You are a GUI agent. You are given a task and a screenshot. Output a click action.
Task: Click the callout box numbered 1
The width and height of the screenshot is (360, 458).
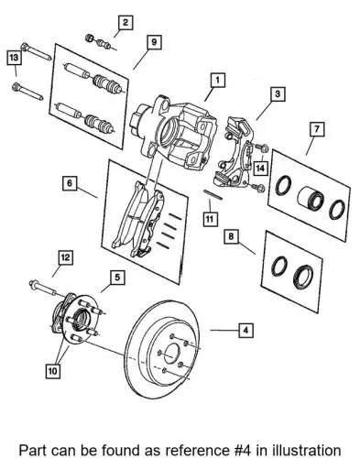pyautogui.click(x=217, y=81)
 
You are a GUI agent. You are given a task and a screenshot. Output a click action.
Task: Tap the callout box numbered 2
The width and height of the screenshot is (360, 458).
pyautogui.click(x=125, y=23)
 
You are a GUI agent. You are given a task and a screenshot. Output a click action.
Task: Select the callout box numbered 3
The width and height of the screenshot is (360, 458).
pyautogui.click(x=278, y=93)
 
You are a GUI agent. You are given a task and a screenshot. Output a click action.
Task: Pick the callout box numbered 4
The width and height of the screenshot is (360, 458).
pyautogui.click(x=245, y=330)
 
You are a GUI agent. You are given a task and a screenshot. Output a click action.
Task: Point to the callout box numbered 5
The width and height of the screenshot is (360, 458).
pyautogui.click(x=117, y=278)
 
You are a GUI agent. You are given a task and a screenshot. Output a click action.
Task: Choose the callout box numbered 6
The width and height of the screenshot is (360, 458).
pyautogui.click(x=70, y=183)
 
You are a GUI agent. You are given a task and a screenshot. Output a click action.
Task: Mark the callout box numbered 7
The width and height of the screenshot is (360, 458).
pyautogui.click(x=317, y=129)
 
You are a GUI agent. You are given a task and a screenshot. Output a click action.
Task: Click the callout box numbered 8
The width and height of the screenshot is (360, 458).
pyautogui.click(x=231, y=236)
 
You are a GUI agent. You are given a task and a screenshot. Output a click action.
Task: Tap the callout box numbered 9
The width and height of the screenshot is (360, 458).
pyautogui.click(x=154, y=42)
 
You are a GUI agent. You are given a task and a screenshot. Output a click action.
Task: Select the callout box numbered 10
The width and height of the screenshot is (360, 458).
pyautogui.click(x=52, y=371)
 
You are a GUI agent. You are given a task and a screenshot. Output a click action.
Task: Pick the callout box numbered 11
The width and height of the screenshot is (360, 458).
pyautogui.click(x=210, y=219)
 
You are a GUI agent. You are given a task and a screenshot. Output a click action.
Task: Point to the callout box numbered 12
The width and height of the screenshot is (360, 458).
pyautogui.click(x=66, y=258)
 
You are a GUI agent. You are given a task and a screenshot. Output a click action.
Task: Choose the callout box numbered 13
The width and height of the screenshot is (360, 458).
pyautogui.click(x=14, y=58)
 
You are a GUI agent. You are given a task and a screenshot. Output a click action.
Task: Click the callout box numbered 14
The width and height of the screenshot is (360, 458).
pyautogui.click(x=260, y=168)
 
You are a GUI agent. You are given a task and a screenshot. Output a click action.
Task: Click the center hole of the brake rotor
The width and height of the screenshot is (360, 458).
pyautogui.click(x=171, y=354)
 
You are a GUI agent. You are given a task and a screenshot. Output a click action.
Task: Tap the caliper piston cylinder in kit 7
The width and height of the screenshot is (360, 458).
pyautogui.click(x=310, y=199)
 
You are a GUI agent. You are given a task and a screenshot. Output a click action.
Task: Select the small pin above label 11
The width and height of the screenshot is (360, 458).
pyautogui.click(x=213, y=195)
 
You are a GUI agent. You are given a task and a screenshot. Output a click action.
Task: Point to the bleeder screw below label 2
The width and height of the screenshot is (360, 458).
pyautogui.click(x=101, y=42)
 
